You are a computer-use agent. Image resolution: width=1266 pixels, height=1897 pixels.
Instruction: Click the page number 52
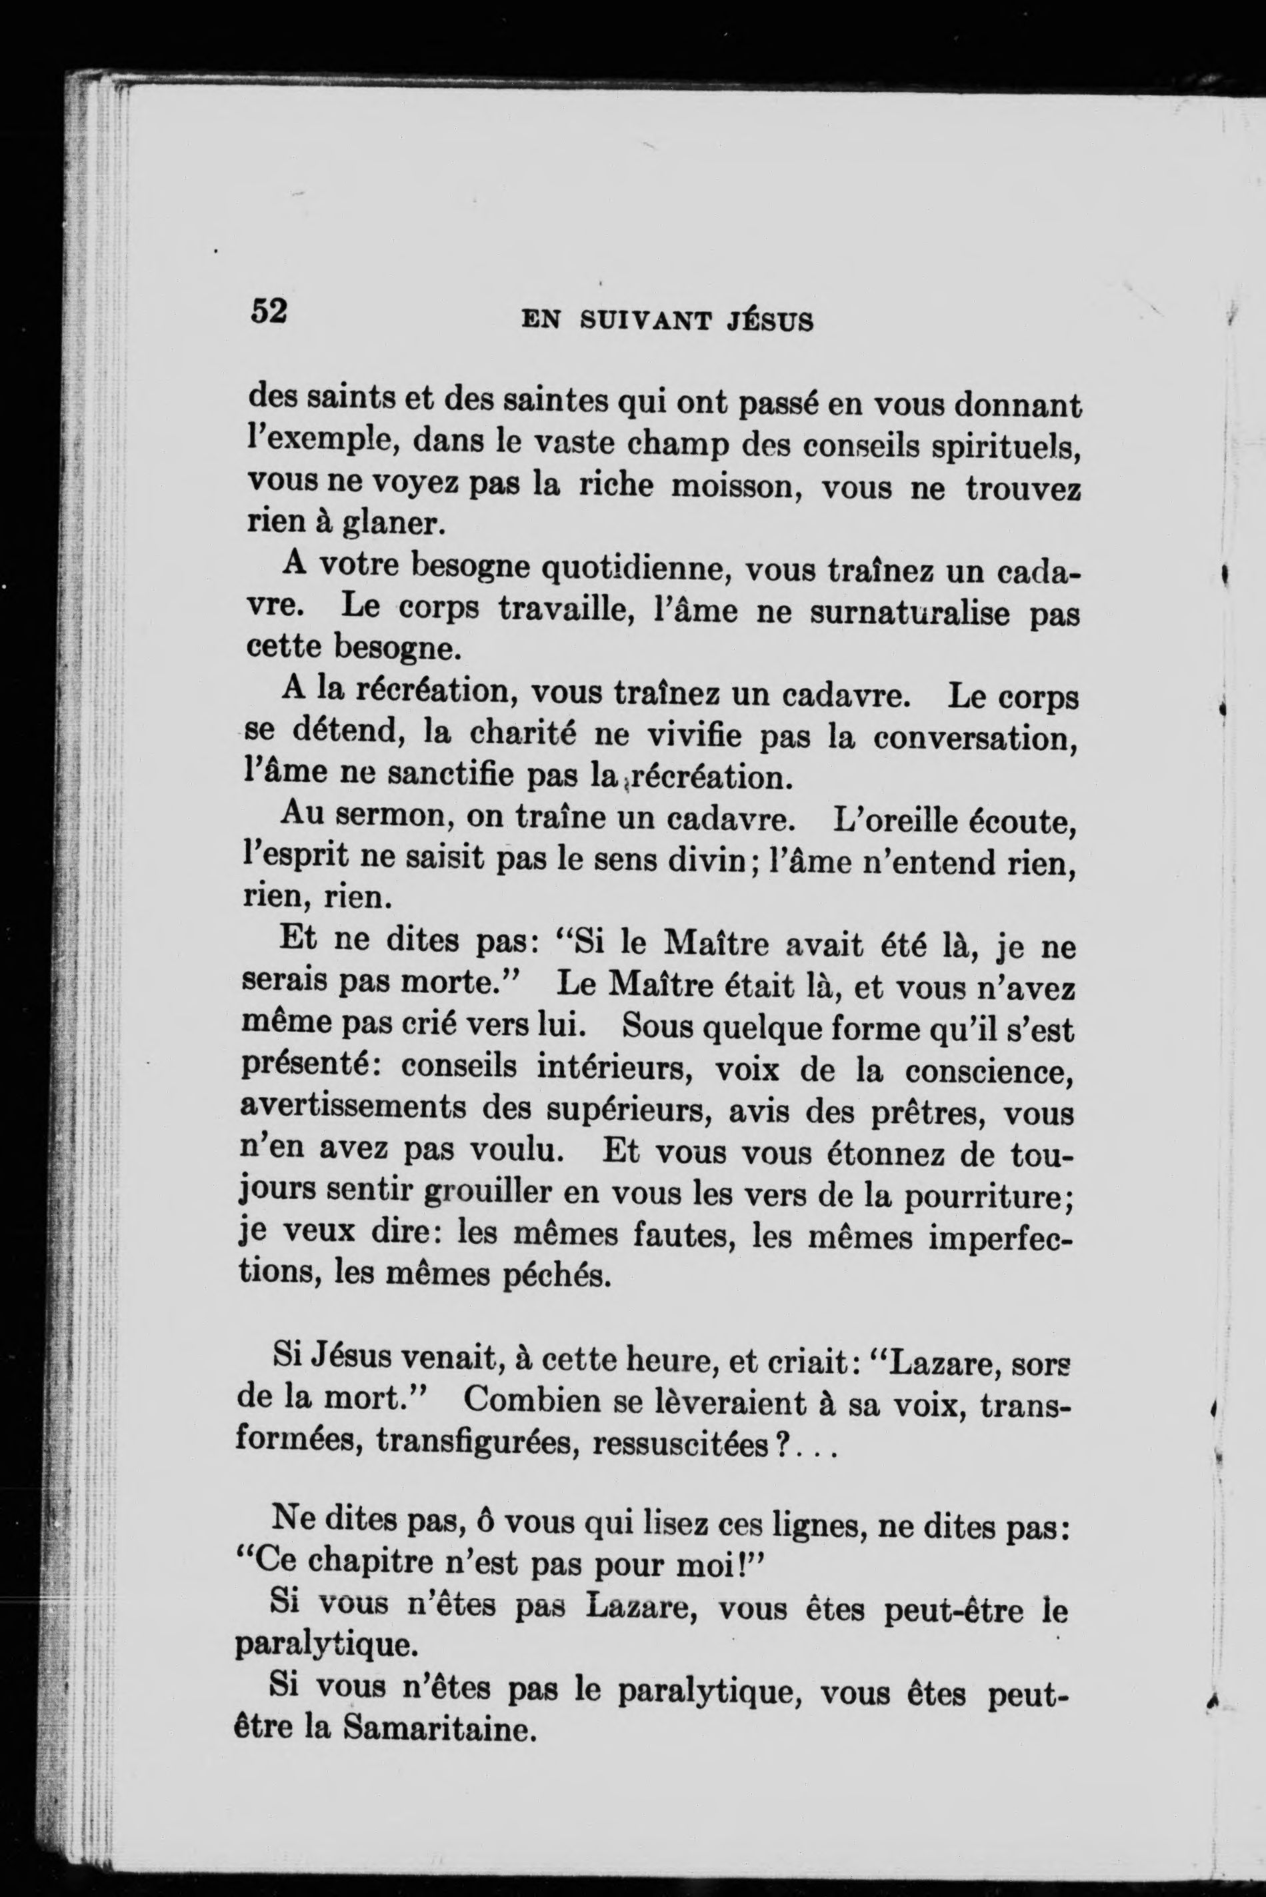(269, 310)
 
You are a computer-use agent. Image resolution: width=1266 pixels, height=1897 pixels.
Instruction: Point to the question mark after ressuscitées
(780, 1444)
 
